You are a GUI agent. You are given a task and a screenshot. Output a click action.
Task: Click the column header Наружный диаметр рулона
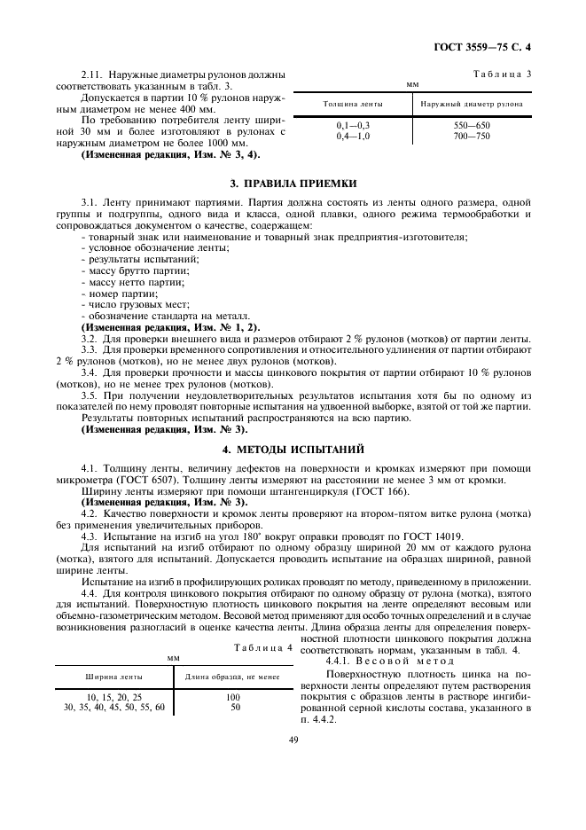[471, 104]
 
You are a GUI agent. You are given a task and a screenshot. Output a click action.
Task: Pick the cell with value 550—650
[471, 126]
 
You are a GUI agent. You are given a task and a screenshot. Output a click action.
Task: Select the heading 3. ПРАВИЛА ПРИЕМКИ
[293, 184]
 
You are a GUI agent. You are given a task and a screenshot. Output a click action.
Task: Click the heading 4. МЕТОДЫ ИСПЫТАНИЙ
[293, 450]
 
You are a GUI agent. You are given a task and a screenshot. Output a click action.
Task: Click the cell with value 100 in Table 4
[234, 698]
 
